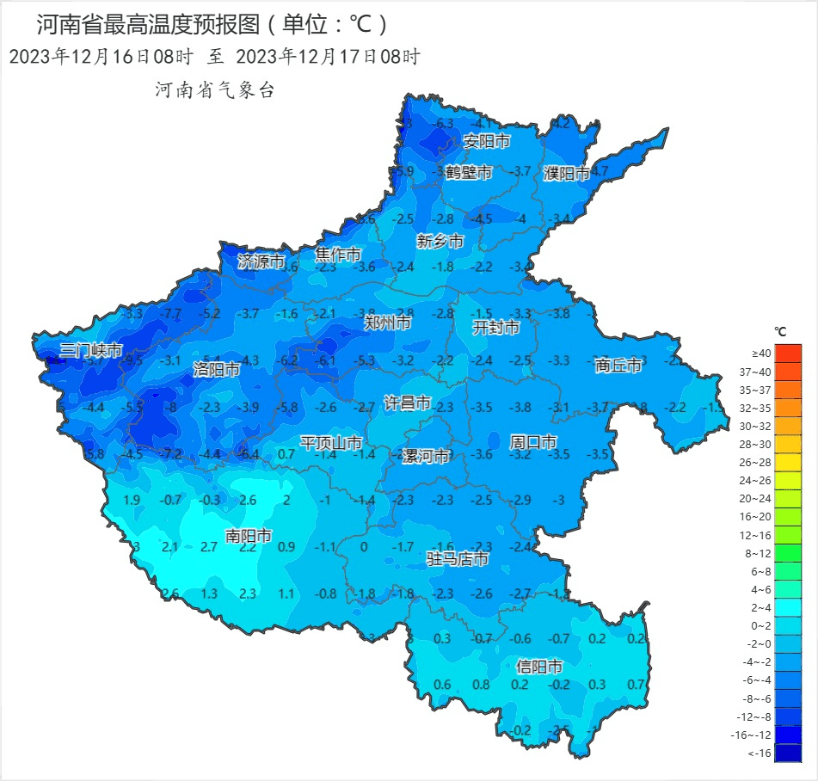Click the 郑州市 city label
click(x=387, y=323)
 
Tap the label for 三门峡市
click(x=91, y=350)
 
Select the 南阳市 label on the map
click(x=248, y=536)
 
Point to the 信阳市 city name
click(x=539, y=666)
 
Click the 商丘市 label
click(x=618, y=365)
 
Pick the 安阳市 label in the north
click(x=487, y=141)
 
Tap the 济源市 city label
click(x=261, y=261)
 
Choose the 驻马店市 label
click(x=458, y=559)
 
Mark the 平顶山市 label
click(x=331, y=443)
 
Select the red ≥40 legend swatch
click(x=787, y=353)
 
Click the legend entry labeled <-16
click(x=787, y=753)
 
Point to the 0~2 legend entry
click(x=787, y=626)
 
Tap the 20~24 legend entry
click(x=787, y=498)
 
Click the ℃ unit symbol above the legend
click(x=780, y=331)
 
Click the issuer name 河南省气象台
click(x=214, y=89)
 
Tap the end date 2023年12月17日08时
click(x=327, y=57)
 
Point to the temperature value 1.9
click(x=132, y=501)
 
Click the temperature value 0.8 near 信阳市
click(x=482, y=685)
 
